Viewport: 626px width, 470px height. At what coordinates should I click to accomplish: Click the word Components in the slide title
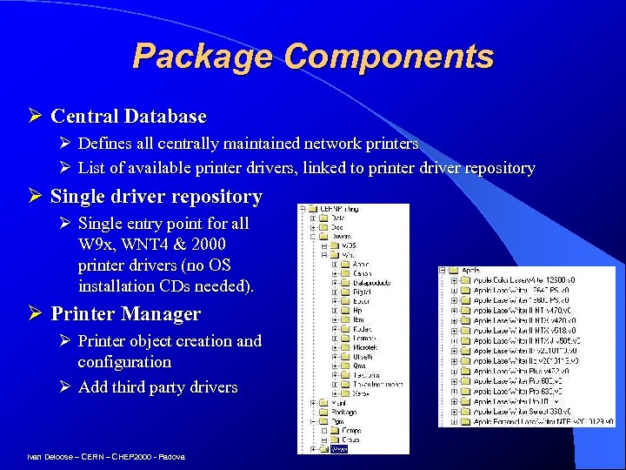pyautogui.click(x=389, y=57)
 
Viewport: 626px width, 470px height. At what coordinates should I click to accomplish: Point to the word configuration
pyautogui.click(x=124, y=361)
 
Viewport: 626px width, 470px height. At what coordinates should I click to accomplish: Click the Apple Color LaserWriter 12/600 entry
pyautogui.click(x=513, y=280)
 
